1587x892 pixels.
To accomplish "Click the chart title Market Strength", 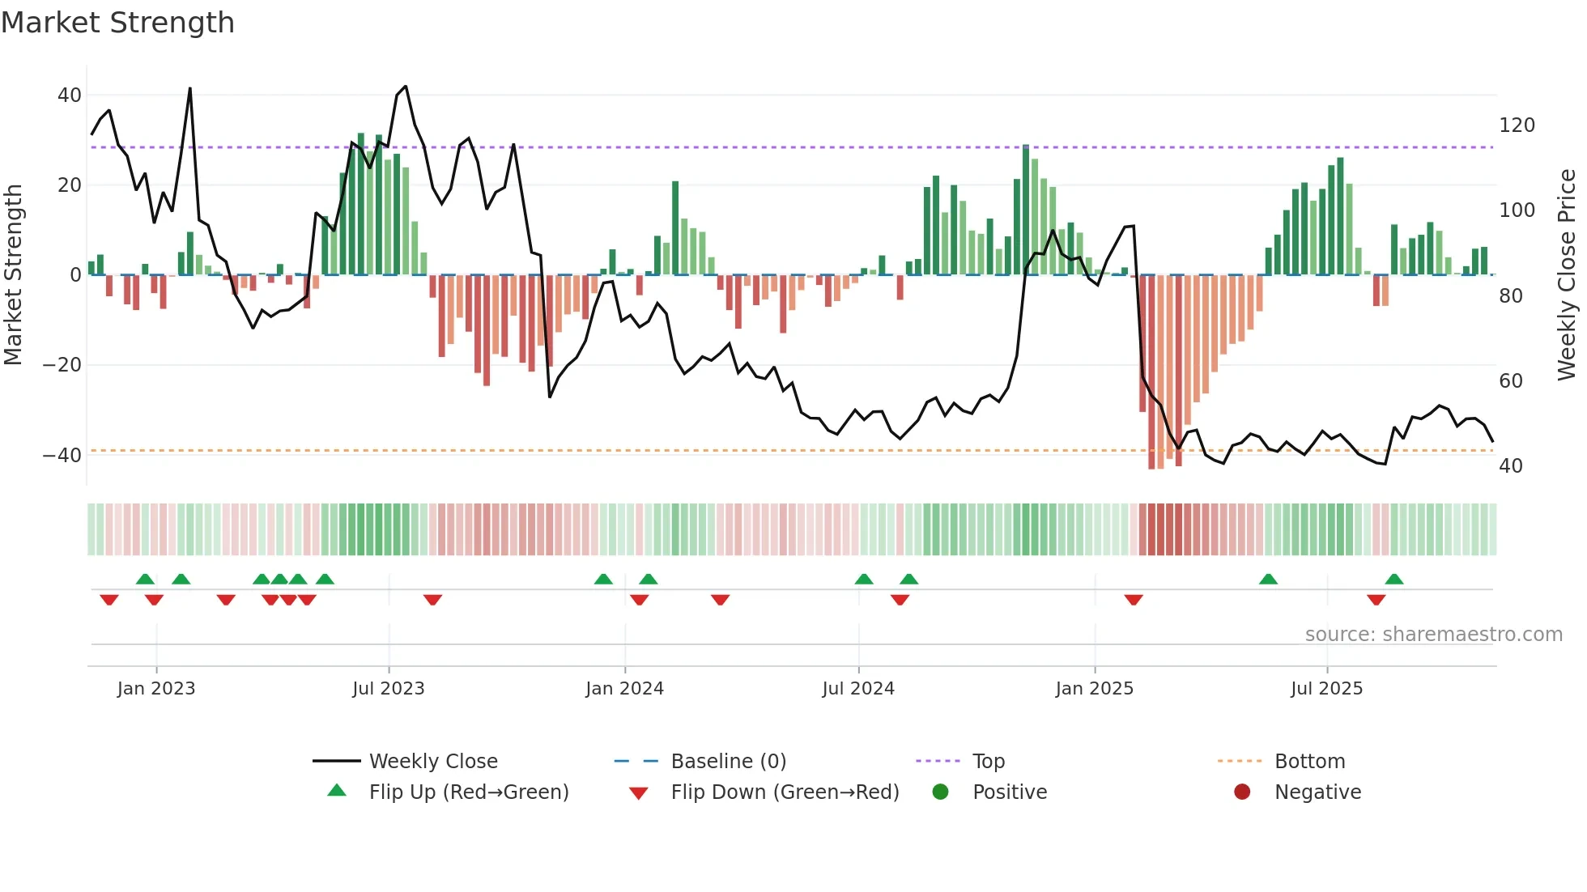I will [117, 23].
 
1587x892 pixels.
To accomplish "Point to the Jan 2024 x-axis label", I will [624, 689].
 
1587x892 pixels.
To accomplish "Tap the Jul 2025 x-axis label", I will [1326, 689].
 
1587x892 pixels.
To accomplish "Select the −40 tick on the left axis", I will [62, 455].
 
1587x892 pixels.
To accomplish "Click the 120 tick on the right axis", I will [1517, 125].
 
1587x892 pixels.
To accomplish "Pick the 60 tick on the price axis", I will [1511, 380].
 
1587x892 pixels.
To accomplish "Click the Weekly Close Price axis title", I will [1567, 275].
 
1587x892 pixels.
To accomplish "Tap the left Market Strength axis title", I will [14, 275].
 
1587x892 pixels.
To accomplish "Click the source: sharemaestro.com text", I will [1433, 635].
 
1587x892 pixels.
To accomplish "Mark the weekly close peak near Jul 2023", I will [406, 87].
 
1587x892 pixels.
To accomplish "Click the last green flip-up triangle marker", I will [1393, 579].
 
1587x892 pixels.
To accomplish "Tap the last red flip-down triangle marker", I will [1376, 600].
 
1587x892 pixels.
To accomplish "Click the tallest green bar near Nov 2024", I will [1026, 210].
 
